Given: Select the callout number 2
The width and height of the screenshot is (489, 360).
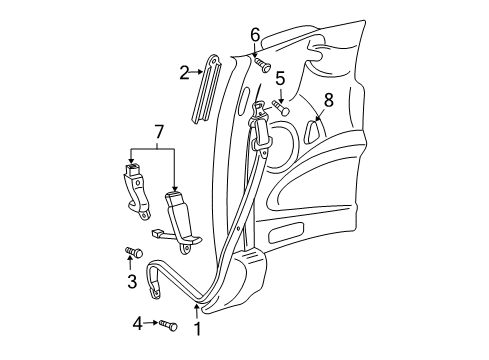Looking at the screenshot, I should coord(184,71).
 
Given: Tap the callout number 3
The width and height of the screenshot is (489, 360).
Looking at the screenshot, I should coord(131,281).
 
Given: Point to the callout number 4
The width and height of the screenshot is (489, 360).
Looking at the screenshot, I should coord(138,323).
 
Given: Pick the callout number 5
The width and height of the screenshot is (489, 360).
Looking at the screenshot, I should coord(280,76).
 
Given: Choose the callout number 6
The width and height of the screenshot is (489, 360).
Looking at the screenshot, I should coord(255,35).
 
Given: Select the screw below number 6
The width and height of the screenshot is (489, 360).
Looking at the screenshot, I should coord(265,65).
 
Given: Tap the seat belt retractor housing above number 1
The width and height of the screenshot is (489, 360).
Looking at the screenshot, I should coord(254,274).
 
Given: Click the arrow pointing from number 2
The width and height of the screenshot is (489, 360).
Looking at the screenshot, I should coord(197,71).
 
